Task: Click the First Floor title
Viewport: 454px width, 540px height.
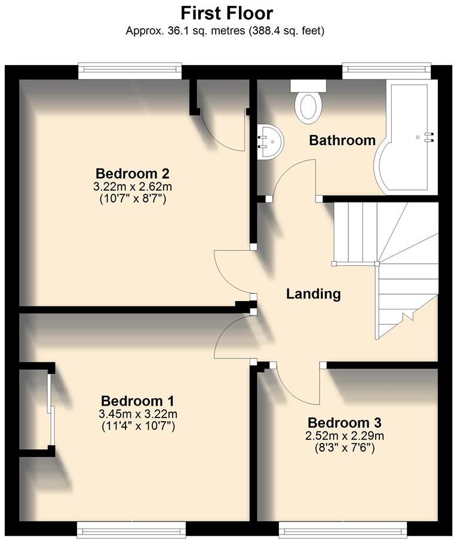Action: click(x=226, y=13)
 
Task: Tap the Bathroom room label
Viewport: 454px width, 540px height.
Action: click(x=342, y=140)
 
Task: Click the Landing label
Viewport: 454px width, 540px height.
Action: click(x=313, y=294)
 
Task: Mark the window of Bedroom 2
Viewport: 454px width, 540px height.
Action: click(x=130, y=71)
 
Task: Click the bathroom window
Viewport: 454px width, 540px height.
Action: click(x=386, y=71)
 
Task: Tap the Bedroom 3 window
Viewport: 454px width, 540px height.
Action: click(x=343, y=528)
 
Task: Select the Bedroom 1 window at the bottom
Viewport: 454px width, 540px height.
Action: click(x=130, y=528)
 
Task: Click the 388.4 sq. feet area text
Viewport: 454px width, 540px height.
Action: click(x=286, y=30)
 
